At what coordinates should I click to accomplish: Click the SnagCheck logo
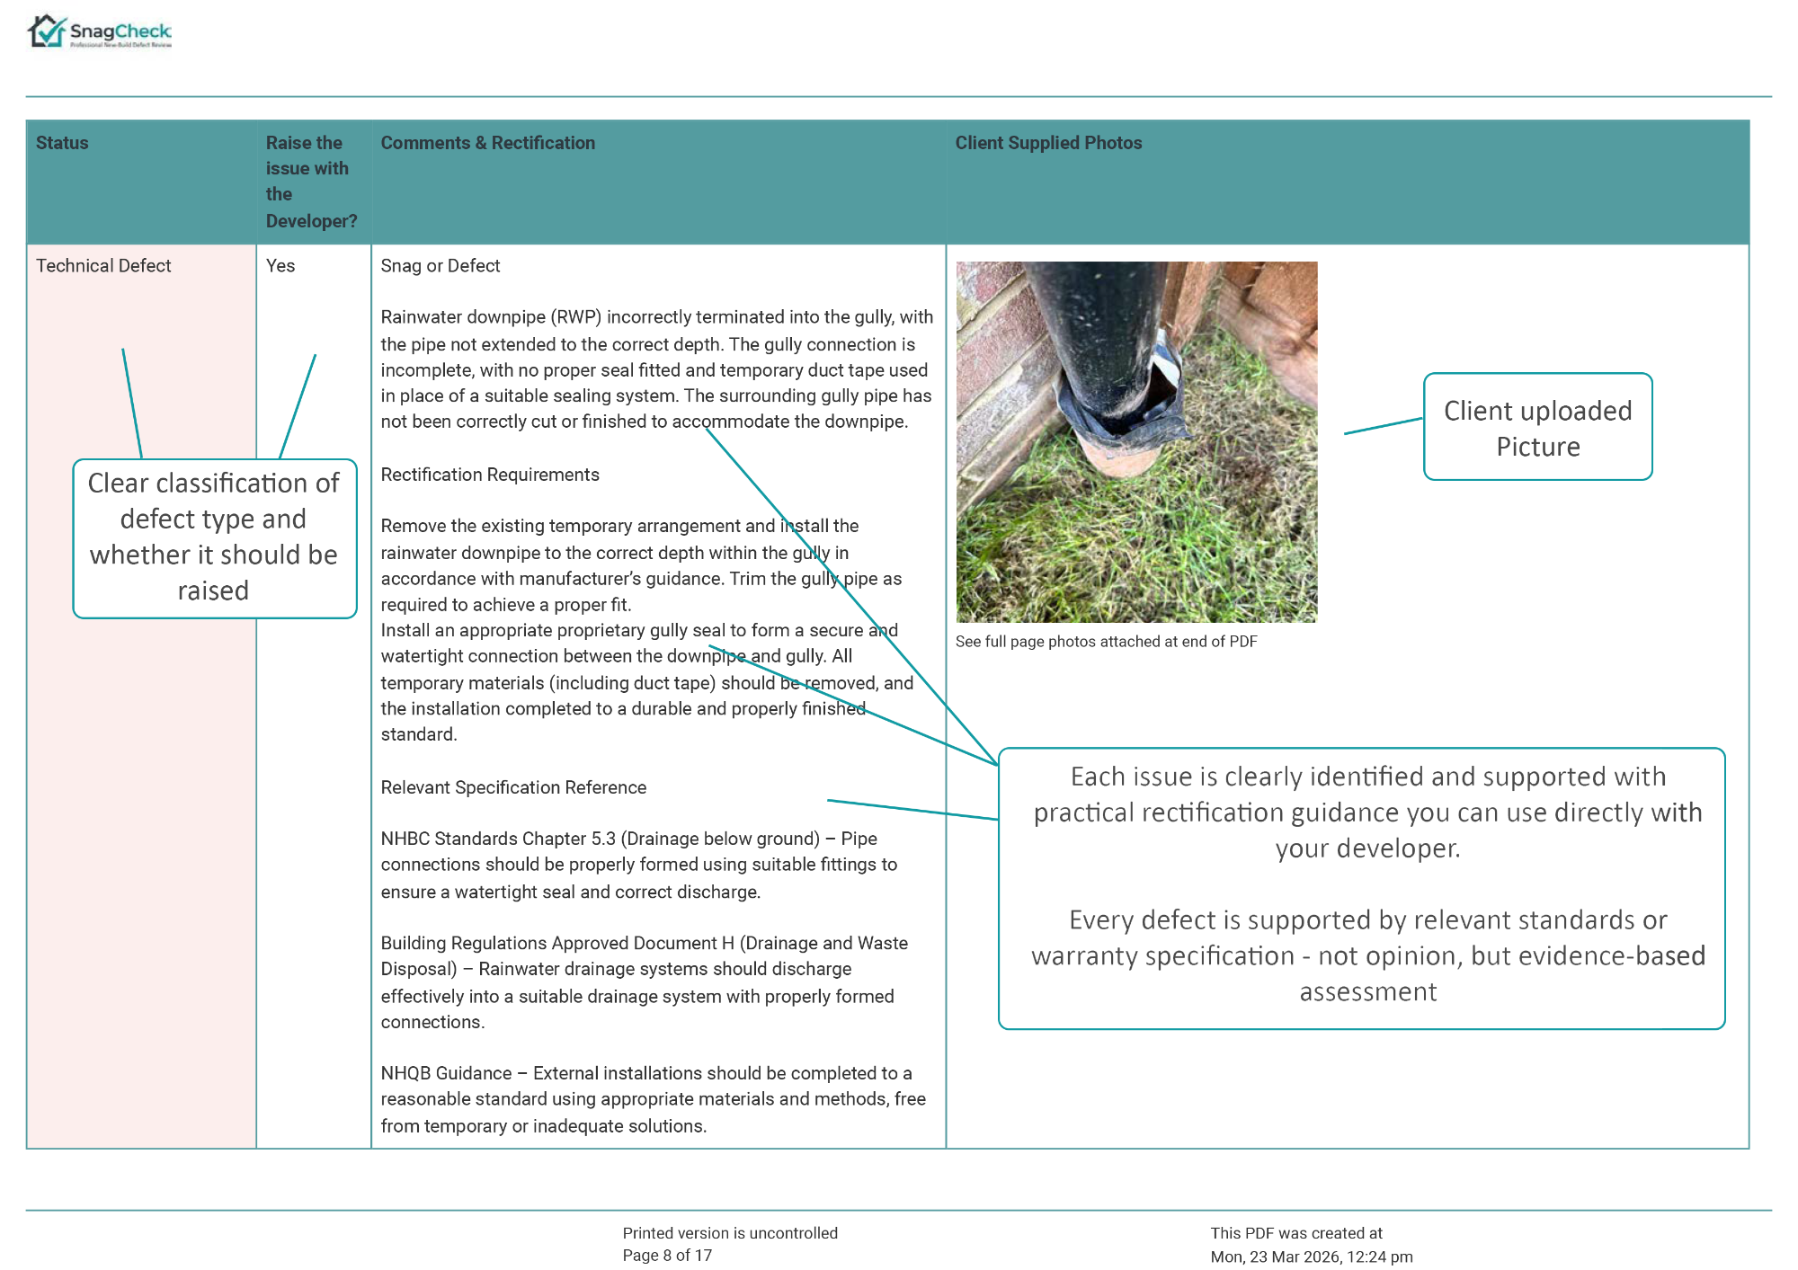point(99,32)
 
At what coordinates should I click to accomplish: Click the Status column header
point(62,143)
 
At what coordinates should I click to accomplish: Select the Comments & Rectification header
point(487,143)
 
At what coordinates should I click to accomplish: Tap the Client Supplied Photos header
point(1048,143)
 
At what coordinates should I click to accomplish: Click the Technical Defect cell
point(103,266)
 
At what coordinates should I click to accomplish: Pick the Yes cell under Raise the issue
point(280,266)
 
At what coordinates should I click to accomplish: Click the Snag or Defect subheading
point(440,266)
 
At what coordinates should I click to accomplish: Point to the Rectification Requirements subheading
point(490,475)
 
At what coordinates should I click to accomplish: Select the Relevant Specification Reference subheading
point(513,787)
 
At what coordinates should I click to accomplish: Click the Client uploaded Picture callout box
point(1537,428)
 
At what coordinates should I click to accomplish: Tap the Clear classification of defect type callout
point(214,537)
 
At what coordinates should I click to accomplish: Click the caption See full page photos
point(1106,642)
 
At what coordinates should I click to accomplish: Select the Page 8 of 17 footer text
point(667,1256)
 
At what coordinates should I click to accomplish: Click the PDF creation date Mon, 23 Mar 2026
point(1311,1257)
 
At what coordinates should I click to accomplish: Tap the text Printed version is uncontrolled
point(730,1233)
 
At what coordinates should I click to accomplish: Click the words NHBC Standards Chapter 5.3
point(498,839)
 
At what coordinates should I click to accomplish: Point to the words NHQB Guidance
point(446,1073)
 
